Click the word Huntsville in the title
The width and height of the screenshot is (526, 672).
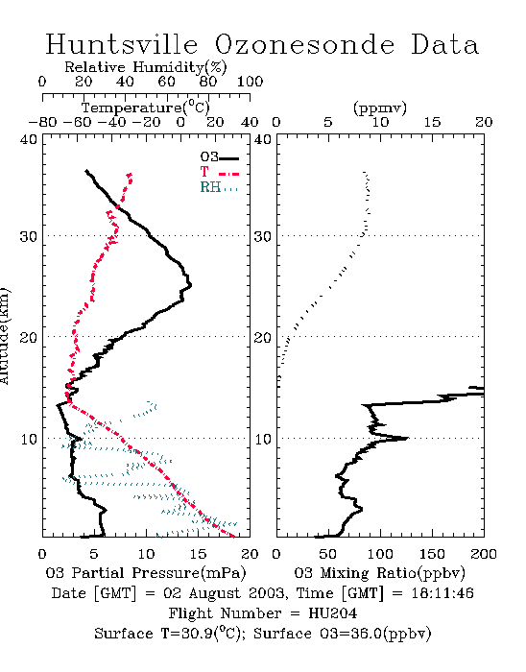tap(122, 44)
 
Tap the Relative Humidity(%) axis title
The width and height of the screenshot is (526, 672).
tap(146, 67)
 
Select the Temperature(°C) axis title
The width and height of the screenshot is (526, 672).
tap(146, 108)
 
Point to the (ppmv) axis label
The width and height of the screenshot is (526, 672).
tap(380, 108)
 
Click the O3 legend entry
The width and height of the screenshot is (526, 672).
tap(219, 157)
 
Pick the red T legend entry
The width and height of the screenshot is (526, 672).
tap(219, 172)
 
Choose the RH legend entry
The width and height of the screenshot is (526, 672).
tap(219, 187)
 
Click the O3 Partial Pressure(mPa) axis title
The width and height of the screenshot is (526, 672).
tap(146, 573)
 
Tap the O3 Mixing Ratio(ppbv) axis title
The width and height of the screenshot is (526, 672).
tap(379, 573)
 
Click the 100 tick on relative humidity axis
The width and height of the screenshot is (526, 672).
tap(251, 82)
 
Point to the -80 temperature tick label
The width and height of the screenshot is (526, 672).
tap(42, 123)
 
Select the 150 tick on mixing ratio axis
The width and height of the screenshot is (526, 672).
tap(432, 554)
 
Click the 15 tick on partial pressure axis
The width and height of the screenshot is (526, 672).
tap(198, 554)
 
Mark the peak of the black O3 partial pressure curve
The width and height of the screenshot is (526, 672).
tap(191, 284)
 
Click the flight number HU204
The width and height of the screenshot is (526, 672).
tap(332, 613)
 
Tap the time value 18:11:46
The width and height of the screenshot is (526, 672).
tap(442, 593)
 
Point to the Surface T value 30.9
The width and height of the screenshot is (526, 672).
tap(199, 634)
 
